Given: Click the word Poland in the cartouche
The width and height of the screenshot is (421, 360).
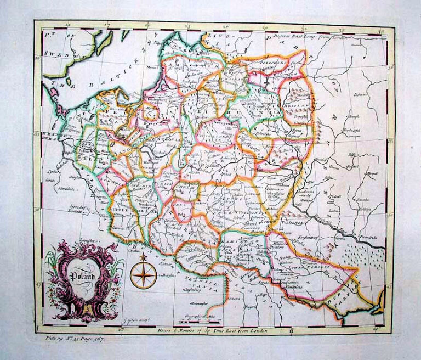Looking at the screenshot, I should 82,277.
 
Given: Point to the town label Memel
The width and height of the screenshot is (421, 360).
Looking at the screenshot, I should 152,70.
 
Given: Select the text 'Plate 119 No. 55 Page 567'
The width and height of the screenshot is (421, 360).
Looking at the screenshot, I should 75,339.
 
